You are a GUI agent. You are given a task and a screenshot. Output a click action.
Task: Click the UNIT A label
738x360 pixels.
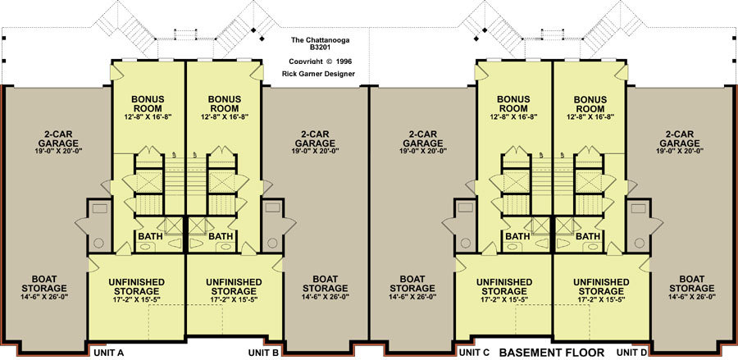point(109,352)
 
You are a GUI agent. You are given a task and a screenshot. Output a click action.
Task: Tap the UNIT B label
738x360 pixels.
point(263,352)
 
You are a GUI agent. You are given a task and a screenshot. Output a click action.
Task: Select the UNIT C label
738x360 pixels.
point(475,352)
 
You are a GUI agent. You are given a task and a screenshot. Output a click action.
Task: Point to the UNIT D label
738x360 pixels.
point(632,352)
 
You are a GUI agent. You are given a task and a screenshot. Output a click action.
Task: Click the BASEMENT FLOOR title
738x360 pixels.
point(551,352)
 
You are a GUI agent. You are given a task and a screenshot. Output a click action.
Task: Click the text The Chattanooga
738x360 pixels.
point(320,40)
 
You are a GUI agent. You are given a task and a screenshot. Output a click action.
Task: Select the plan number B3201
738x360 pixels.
point(320,48)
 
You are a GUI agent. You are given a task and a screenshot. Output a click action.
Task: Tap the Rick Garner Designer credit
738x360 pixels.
point(318,74)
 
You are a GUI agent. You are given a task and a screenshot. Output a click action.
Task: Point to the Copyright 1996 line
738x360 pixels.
point(321,62)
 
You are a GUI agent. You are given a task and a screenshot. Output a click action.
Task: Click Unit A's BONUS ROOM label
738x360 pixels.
point(148,104)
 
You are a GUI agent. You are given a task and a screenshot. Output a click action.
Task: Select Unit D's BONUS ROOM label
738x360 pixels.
point(590,104)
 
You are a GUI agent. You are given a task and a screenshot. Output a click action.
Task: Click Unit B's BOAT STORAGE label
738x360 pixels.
point(326,284)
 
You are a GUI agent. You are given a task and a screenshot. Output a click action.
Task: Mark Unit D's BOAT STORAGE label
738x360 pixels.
point(692,284)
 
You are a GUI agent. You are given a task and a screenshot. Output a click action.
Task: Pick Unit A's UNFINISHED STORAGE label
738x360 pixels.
point(136,286)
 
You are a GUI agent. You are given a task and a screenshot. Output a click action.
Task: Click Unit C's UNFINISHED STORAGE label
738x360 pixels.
point(504,286)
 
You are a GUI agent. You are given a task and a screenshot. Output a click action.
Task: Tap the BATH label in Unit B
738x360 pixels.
point(221,236)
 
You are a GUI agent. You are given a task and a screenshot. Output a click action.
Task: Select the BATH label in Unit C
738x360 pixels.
point(517,236)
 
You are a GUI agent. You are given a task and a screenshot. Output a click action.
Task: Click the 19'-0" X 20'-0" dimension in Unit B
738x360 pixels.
point(316,151)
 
